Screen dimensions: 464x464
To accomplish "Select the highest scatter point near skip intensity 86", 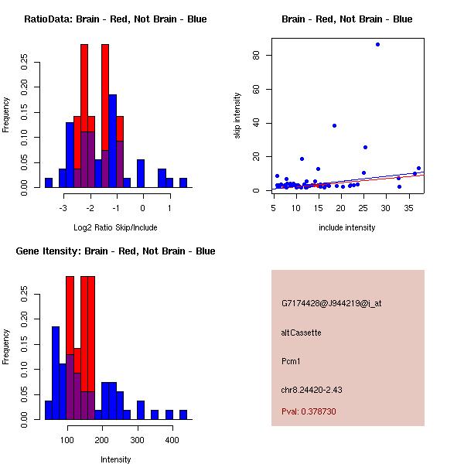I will coord(377,44).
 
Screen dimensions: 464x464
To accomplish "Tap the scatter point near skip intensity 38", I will coord(334,125).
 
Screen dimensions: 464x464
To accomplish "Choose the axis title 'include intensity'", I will coord(346,227).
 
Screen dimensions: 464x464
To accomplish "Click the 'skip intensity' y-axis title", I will coord(238,116).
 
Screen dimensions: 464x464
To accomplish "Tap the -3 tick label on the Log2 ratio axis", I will coord(63,207).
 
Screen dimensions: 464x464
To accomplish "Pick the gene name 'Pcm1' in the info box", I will coord(292,361).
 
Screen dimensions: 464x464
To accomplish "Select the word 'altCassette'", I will coord(301,333).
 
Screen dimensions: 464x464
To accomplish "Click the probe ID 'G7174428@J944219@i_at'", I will coord(331,303).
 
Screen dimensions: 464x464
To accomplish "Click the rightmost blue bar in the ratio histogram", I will coord(183,183).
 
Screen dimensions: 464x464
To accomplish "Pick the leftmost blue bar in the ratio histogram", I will coord(49,183).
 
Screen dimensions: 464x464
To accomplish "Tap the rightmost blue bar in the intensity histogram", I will coord(183,415).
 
